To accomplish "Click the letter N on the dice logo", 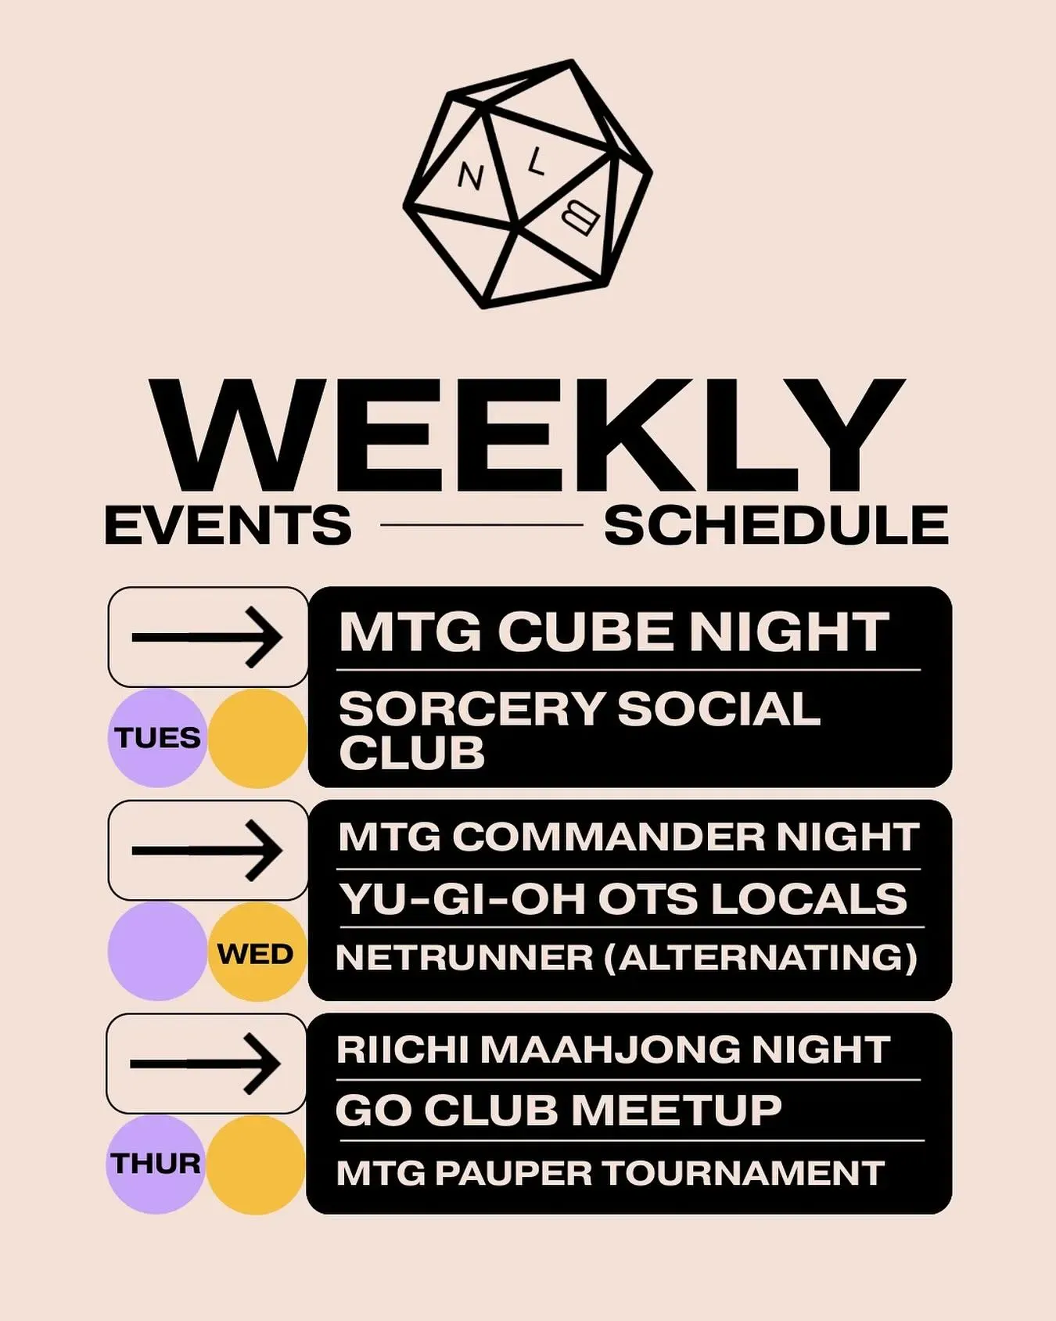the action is coord(470,177).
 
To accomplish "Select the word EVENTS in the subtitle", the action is coord(228,525).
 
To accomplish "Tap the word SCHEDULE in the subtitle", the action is coord(776,525).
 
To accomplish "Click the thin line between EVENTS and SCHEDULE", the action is coord(482,525).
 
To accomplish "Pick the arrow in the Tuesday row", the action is coord(207,637).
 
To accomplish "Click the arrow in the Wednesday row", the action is coord(207,850).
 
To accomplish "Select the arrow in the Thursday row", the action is coord(206,1064).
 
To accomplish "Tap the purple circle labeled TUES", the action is coord(157,738).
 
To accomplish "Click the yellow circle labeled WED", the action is coord(257,952).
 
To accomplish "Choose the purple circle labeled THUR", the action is coord(155,1164).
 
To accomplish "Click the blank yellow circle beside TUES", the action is coord(257,738).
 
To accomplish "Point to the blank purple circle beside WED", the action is coord(157,952).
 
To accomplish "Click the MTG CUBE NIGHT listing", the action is coord(614,632).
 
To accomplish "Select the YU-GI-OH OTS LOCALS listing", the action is coord(623,898).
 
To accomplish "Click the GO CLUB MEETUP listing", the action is coord(559,1110).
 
